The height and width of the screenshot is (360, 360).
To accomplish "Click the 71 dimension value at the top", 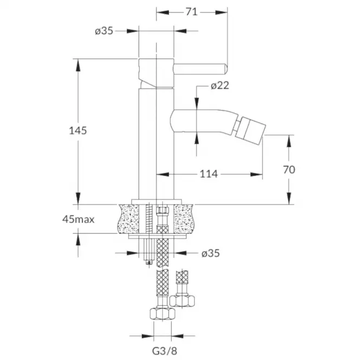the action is tap(192, 12).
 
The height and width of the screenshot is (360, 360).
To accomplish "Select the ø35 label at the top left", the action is tap(104, 31).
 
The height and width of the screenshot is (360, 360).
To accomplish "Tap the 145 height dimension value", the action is tap(78, 130).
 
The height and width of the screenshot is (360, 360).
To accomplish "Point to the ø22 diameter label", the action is tap(220, 86).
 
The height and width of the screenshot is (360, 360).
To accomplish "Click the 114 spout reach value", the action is tap(209, 174).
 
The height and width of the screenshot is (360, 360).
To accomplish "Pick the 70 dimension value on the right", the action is tap(289, 170).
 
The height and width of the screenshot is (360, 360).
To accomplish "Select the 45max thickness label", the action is tap(78, 219).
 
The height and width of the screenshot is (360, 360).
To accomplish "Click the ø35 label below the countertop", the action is tap(211, 253).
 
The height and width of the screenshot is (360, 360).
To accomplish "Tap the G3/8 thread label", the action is tap(165, 351).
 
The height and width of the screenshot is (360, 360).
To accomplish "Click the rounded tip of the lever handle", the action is tap(225, 69).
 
